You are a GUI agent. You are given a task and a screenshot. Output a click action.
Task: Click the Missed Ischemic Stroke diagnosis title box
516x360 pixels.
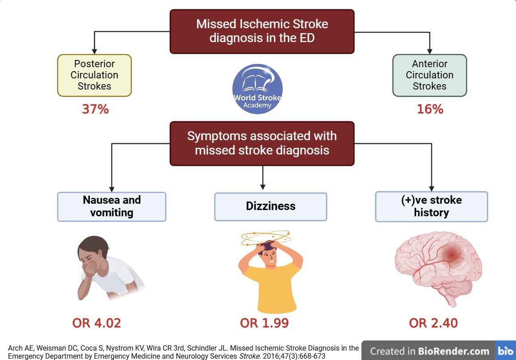262,31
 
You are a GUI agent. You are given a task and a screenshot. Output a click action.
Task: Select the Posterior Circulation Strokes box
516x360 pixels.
94,75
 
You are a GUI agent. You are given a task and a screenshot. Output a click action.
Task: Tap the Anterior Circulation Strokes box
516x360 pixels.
429,75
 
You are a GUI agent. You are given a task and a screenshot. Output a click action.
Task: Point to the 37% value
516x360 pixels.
95,109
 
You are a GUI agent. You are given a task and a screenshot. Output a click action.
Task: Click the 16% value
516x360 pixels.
430,109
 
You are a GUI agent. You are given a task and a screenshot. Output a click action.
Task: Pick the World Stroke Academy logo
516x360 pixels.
257,89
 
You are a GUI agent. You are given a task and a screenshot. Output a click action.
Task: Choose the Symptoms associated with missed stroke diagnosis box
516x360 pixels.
262,143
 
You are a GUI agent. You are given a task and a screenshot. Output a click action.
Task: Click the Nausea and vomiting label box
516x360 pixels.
111,206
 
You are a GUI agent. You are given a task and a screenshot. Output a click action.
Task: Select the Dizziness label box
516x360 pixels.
270,206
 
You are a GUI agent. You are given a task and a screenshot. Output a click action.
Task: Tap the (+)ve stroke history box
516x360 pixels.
431,206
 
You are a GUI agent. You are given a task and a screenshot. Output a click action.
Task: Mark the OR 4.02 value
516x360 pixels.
97,323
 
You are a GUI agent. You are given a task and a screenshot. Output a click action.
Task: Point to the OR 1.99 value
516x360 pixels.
264,323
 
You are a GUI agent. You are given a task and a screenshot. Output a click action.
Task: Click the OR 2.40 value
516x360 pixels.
433,323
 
